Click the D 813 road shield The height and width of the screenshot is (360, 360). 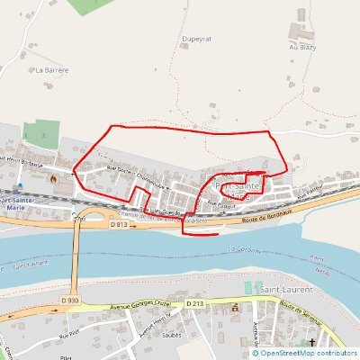[120, 224]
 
